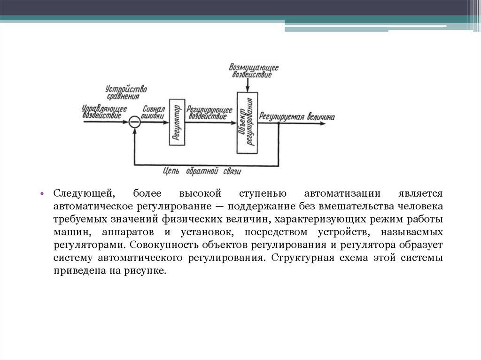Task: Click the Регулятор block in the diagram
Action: pos(176,122)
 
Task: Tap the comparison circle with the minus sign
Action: pos(135,122)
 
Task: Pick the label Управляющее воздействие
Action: pos(104,111)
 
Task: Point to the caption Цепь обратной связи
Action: pos(202,172)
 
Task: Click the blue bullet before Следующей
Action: pos(42,194)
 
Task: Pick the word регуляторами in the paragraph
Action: pos(89,245)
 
